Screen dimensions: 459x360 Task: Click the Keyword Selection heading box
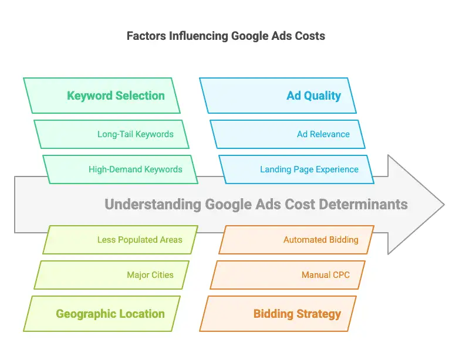coord(102,96)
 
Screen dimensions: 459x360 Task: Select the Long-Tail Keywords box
coord(112,134)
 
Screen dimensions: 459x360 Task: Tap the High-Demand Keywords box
coord(120,169)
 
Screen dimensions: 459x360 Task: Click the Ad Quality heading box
coord(278,96)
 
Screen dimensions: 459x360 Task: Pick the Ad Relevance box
coord(288,134)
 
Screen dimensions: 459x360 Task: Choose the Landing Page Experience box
coord(296,169)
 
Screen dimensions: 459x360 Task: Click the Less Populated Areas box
coord(120,240)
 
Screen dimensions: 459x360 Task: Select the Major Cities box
coord(112,275)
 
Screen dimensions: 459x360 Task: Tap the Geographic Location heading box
coord(102,314)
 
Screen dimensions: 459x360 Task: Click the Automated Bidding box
coord(296,240)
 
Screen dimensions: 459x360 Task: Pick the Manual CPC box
coord(288,275)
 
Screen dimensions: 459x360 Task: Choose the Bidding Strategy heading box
coord(278,314)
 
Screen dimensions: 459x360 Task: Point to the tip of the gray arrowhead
coord(444,205)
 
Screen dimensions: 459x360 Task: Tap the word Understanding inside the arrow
coord(153,205)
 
